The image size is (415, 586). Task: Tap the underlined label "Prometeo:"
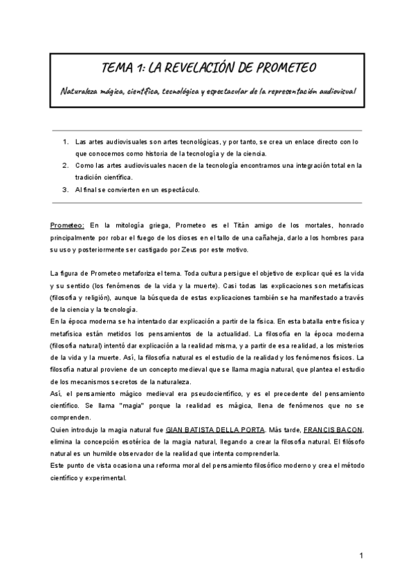tap(67, 225)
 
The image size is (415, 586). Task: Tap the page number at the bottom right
tap(361, 556)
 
